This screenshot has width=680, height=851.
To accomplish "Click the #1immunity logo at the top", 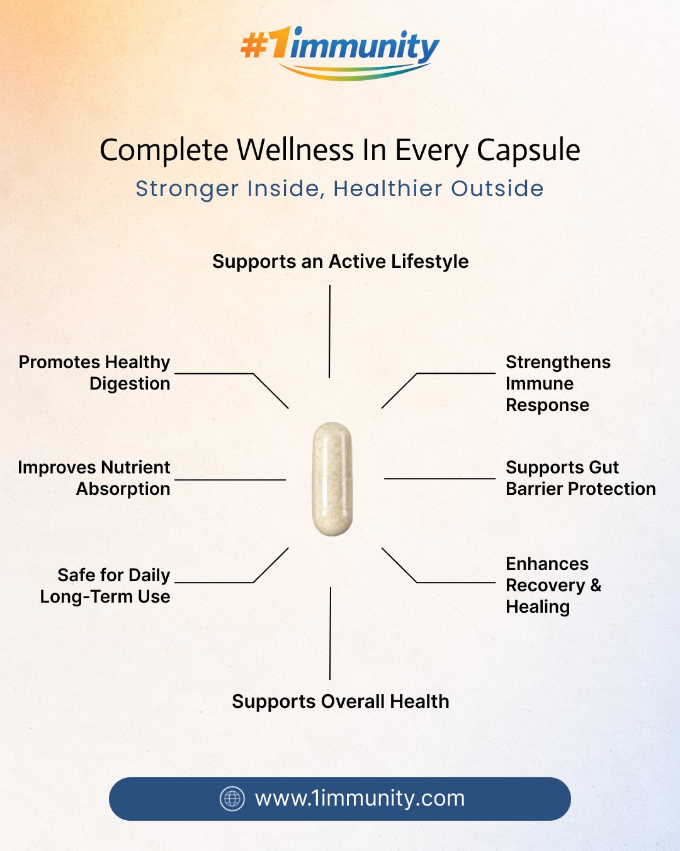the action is click(340, 52).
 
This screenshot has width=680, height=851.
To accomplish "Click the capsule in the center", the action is click(332, 479).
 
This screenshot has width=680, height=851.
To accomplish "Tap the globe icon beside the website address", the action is click(232, 799).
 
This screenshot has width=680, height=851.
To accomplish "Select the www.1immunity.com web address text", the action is click(360, 799).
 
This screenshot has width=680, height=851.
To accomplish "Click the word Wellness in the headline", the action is click(295, 150).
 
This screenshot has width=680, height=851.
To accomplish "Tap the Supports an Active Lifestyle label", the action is click(341, 262).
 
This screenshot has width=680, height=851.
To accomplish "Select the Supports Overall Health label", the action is click(341, 702).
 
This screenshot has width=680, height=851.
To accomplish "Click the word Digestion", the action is click(130, 384).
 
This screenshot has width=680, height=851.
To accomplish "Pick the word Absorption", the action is click(123, 489).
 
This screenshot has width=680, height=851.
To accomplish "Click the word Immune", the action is click(540, 384).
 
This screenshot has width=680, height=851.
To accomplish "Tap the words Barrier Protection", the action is click(581, 489).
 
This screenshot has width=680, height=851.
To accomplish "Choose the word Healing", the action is click(538, 608).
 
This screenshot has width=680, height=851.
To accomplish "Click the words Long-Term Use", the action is click(105, 597).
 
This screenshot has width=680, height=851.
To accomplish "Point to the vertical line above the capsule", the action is click(329, 332).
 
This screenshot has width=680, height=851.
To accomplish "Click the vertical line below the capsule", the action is click(331, 634).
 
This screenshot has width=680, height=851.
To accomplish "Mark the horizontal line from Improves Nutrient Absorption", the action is click(230, 480).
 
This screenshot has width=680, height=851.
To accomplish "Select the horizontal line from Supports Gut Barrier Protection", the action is click(439, 478).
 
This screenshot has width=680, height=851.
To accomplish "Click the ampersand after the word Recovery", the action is click(596, 585).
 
